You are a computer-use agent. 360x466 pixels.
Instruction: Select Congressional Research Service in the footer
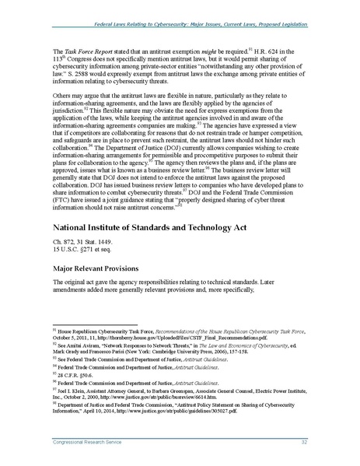pyautogui.click(x=86, y=443)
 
